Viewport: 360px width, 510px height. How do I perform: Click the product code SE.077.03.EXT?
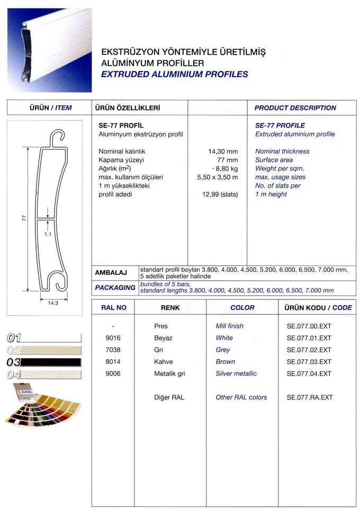coord(309,362)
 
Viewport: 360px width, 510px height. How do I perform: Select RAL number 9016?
coord(113,338)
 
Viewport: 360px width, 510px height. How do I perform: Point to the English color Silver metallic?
coord(236,374)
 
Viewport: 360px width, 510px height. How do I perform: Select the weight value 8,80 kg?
coord(225,168)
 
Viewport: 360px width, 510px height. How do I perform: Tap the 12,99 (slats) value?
coord(220,194)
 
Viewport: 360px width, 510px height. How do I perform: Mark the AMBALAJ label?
coord(111,273)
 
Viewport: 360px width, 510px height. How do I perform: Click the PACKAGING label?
coord(115,287)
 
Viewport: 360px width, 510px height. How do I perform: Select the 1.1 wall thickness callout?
coord(48,234)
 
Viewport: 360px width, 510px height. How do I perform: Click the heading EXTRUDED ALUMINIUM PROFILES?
coord(174,74)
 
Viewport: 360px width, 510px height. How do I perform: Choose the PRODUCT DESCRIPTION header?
coord(295,108)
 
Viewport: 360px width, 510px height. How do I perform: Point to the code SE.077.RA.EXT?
coord(309,397)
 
